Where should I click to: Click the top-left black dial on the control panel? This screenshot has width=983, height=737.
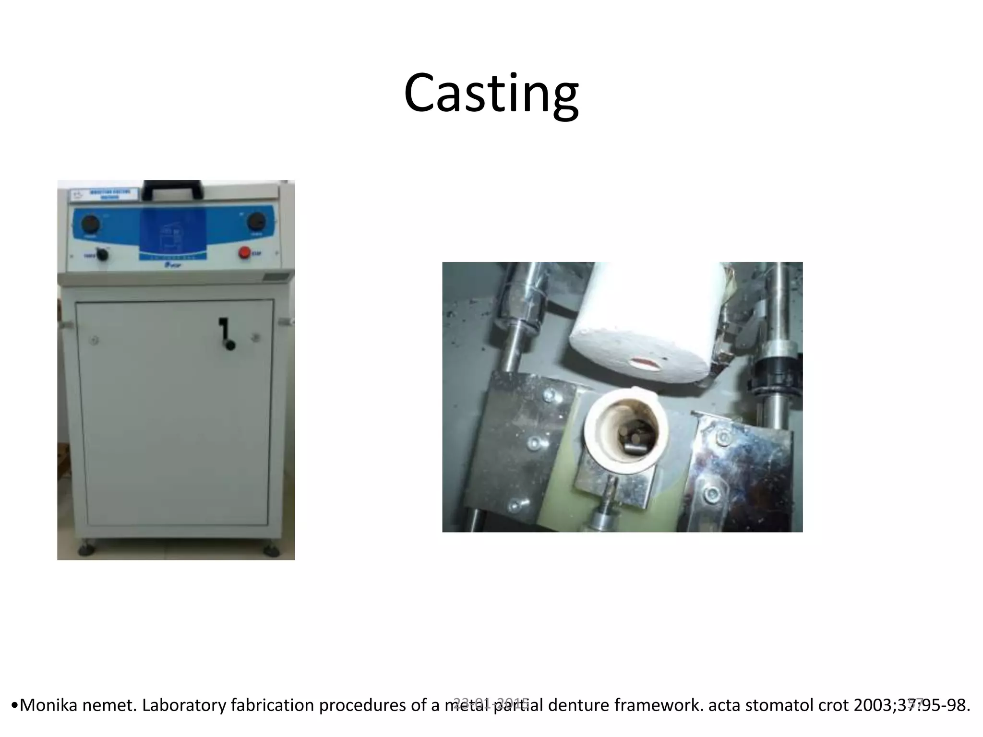coord(90,224)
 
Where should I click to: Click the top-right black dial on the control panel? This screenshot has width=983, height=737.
coord(256,222)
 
